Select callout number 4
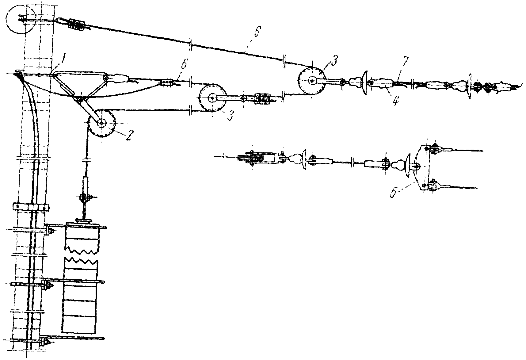395,100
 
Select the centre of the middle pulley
212,98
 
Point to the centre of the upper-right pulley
311,81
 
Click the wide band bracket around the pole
30,207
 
